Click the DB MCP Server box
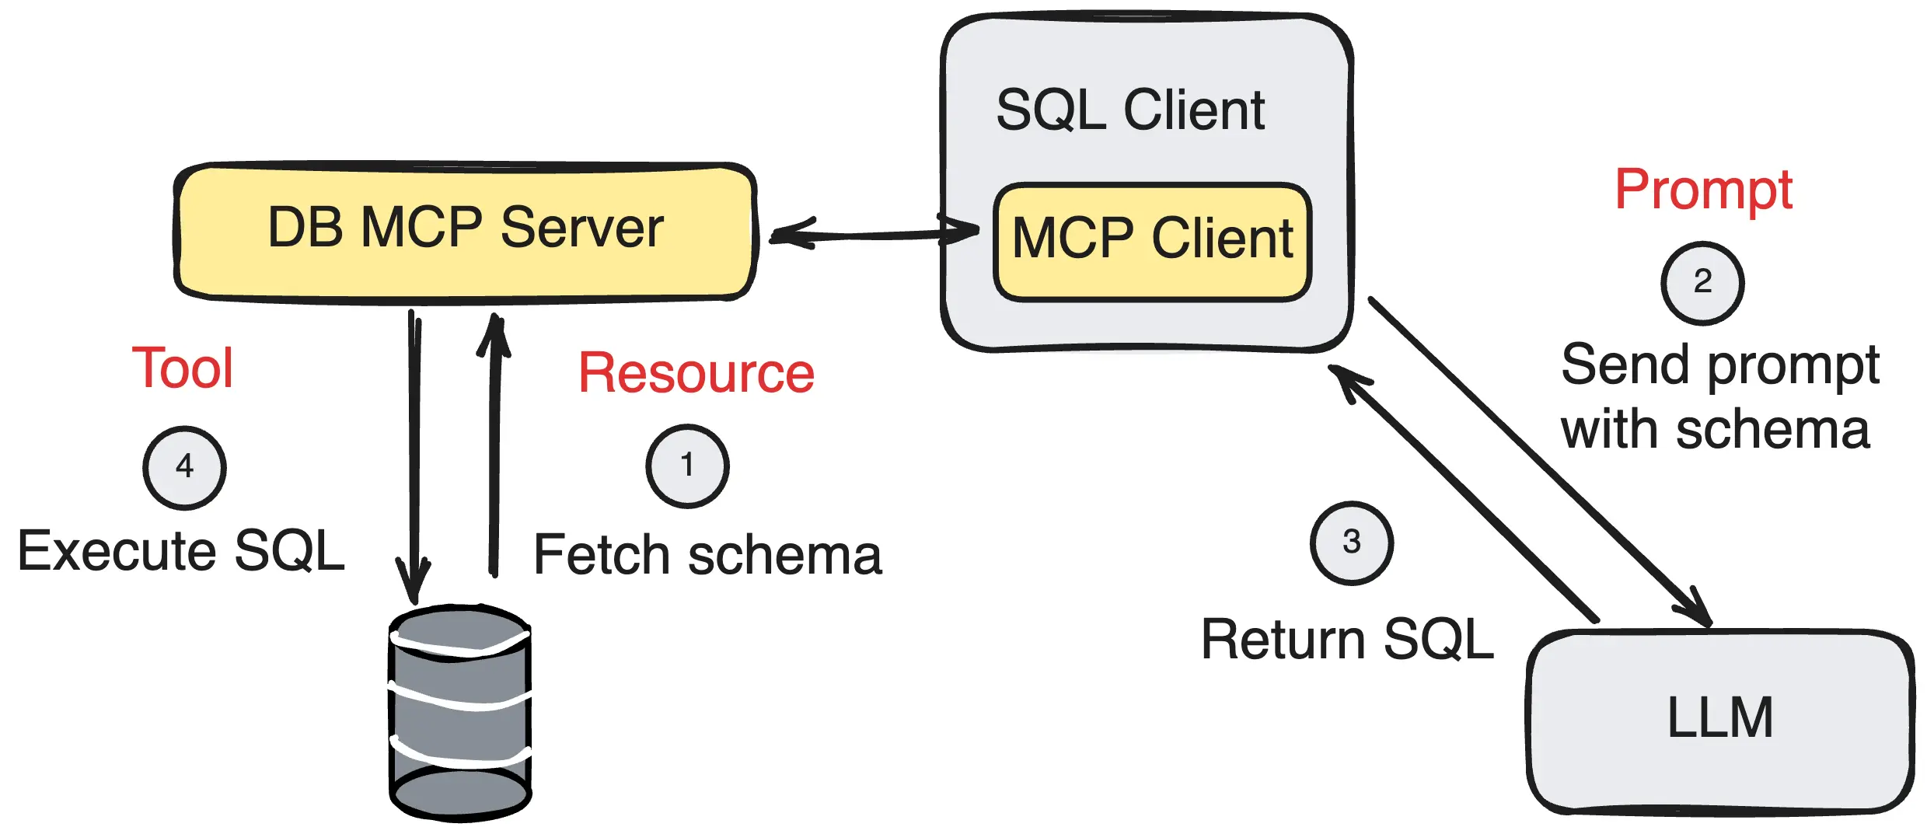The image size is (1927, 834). [465, 231]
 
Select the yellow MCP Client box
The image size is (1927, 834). [1152, 240]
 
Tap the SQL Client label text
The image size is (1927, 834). [1130, 110]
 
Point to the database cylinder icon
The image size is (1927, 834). [460, 713]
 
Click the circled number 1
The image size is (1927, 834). [687, 466]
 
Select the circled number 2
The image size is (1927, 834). [1702, 282]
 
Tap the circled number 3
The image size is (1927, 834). [1351, 543]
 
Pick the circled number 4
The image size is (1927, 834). [184, 467]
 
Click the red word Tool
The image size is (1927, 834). [183, 368]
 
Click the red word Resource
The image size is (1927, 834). [696, 374]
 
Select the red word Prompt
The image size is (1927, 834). [1703, 190]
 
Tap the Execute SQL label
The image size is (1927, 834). [181, 551]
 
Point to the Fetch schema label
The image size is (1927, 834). [707, 556]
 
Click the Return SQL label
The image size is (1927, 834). [1347, 640]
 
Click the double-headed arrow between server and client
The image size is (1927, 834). [871, 234]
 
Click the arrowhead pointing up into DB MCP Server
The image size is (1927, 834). [494, 334]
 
